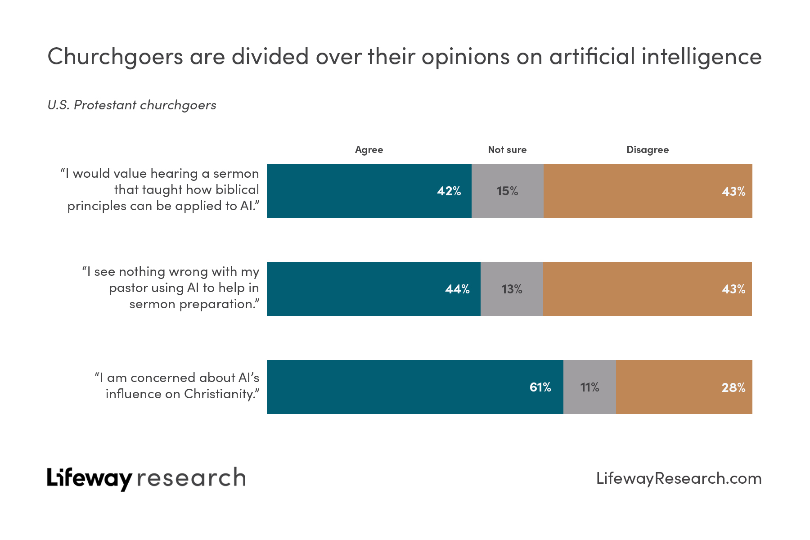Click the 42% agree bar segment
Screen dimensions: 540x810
click(369, 191)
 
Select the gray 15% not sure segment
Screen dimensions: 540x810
click(507, 191)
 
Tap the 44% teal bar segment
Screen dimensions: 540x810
click(373, 289)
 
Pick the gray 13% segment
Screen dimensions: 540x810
click(512, 289)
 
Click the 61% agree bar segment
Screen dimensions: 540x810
click(415, 387)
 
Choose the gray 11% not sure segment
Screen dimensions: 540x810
click(589, 387)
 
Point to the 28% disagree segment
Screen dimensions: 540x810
click(684, 387)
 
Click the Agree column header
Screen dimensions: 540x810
click(369, 150)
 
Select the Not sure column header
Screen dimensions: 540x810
click(507, 150)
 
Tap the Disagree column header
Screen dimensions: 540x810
click(648, 150)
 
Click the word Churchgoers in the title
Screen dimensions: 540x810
click(115, 57)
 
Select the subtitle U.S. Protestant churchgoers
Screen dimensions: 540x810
click(132, 105)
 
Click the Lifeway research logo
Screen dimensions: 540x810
click(146, 478)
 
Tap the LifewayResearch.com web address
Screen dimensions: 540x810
click(679, 478)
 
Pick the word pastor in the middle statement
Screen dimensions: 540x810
click(129, 288)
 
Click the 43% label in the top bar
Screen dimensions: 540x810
click(733, 191)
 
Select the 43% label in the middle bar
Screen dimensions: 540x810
click(733, 289)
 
